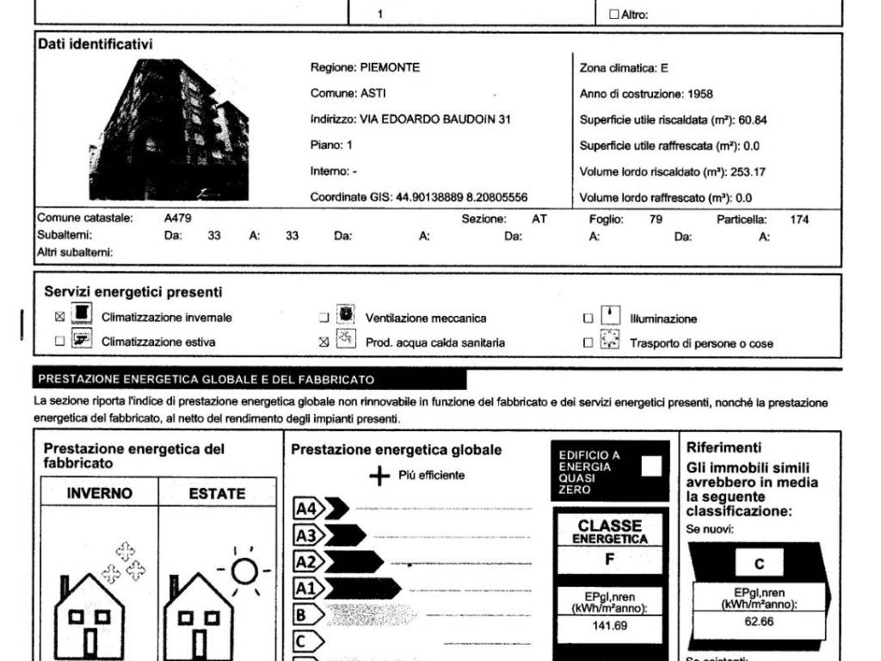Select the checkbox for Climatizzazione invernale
click(x=59, y=317)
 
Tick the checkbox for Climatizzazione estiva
click(x=59, y=341)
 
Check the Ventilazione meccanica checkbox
click(x=324, y=318)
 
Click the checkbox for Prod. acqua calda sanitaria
click(x=324, y=342)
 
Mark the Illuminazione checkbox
click(x=588, y=318)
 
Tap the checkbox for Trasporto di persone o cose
click(x=588, y=343)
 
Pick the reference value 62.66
click(x=760, y=621)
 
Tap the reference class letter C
click(x=759, y=565)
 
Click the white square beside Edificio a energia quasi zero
click(x=652, y=466)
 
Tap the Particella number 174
click(x=799, y=219)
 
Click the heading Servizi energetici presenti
click(x=133, y=293)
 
